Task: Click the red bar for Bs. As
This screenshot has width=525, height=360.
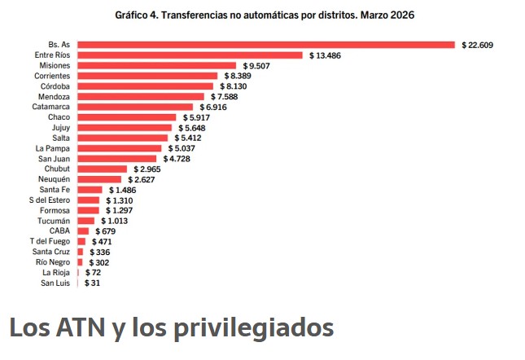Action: pos(266,44)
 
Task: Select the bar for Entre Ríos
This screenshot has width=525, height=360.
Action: pos(190,55)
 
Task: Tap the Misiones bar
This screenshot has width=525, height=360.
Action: pos(156,65)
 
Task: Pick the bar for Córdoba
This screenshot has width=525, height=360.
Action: pos(145,86)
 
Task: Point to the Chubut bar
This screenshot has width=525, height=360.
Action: pos(102,169)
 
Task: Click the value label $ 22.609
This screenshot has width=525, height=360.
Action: pos(478,44)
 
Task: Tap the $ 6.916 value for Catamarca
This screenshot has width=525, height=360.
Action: pos(213,107)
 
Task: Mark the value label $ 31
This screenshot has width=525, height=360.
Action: pos(92,283)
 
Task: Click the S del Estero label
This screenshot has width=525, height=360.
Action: pos(50,200)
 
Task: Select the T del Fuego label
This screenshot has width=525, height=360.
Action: pos(50,241)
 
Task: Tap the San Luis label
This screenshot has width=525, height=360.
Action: pos(55,283)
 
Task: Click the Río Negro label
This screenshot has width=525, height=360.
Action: pos(54,262)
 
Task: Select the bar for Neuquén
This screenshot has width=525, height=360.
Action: pos(99,179)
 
